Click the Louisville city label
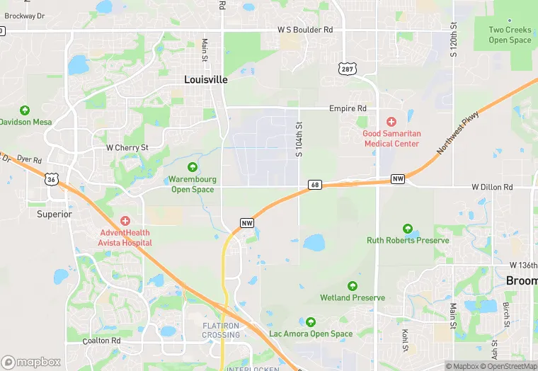tap(206, 80)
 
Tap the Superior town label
tap(55, 214)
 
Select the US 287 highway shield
tap(347, 69)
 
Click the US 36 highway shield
tap(51, 180)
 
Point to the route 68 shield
tap(315, 185)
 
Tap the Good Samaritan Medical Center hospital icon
tap(391, 122)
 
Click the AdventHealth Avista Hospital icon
tap(125, 222)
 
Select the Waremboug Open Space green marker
tap(193, 168)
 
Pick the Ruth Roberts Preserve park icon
tap(408, 229)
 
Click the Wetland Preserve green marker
tap(353, 286)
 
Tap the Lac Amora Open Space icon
tap(310, 322)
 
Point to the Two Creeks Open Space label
tap(510, 35)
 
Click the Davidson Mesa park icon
tap(25, 110)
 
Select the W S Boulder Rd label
tap(304, 30)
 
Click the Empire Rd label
tap(348, 108)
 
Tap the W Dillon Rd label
tap(492, 187)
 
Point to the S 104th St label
tap(299, 139)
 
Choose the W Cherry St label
tap(127, 148)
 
